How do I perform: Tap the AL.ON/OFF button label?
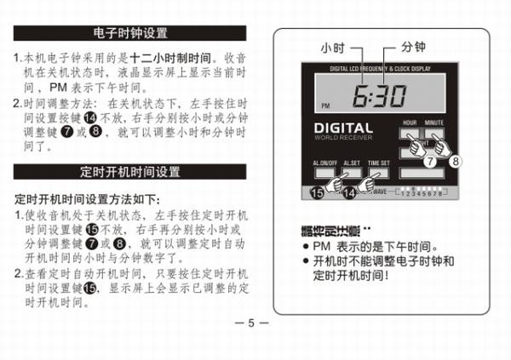click(324, 163)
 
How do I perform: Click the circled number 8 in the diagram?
click(456, 159)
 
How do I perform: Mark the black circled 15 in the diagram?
click(316, 193)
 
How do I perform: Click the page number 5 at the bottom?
click(251, 323)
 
